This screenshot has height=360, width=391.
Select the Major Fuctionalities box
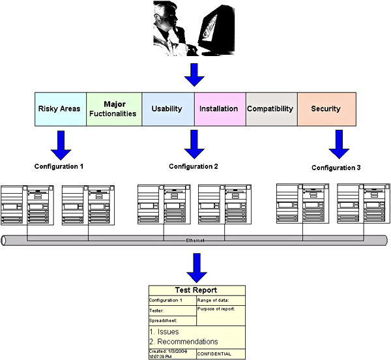point(115,109)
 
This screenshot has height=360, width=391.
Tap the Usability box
point(167,109)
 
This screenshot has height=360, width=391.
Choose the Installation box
point(219,109)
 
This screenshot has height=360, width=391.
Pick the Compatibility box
point(271,109)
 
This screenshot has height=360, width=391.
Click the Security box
point(326,109)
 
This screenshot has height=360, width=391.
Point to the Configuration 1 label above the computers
point(59,166)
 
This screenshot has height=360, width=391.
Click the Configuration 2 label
point(193,166)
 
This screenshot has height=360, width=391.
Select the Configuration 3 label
point(336,168)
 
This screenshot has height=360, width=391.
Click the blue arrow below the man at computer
point(194,75)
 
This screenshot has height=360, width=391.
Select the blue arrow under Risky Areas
point(61,144)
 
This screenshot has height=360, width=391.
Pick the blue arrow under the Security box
point(339,144)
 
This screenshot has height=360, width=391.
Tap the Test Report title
point(196,290)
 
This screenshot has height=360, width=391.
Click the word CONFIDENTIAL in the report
point(215,354)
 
